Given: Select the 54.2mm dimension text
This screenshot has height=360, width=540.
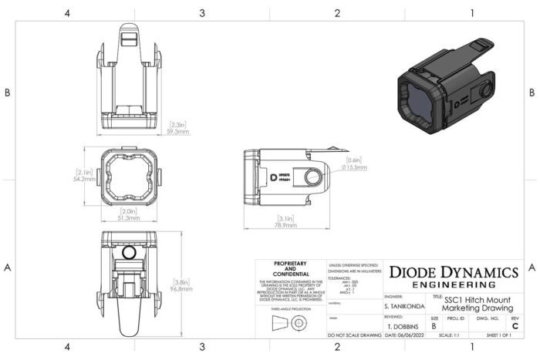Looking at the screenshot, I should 83,179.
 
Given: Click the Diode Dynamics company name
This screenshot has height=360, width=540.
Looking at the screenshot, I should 453,272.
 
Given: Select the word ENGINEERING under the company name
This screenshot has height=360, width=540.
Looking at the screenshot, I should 453,284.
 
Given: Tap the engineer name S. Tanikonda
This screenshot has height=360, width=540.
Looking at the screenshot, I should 403,307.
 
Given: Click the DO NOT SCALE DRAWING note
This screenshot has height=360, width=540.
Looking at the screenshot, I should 354,336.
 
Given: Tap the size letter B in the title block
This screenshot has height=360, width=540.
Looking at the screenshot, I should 434,326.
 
